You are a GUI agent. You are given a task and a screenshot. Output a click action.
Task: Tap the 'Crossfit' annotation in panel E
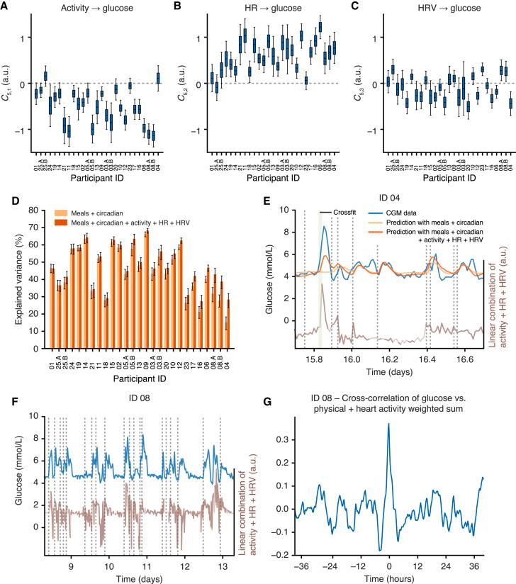pos(344,212)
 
